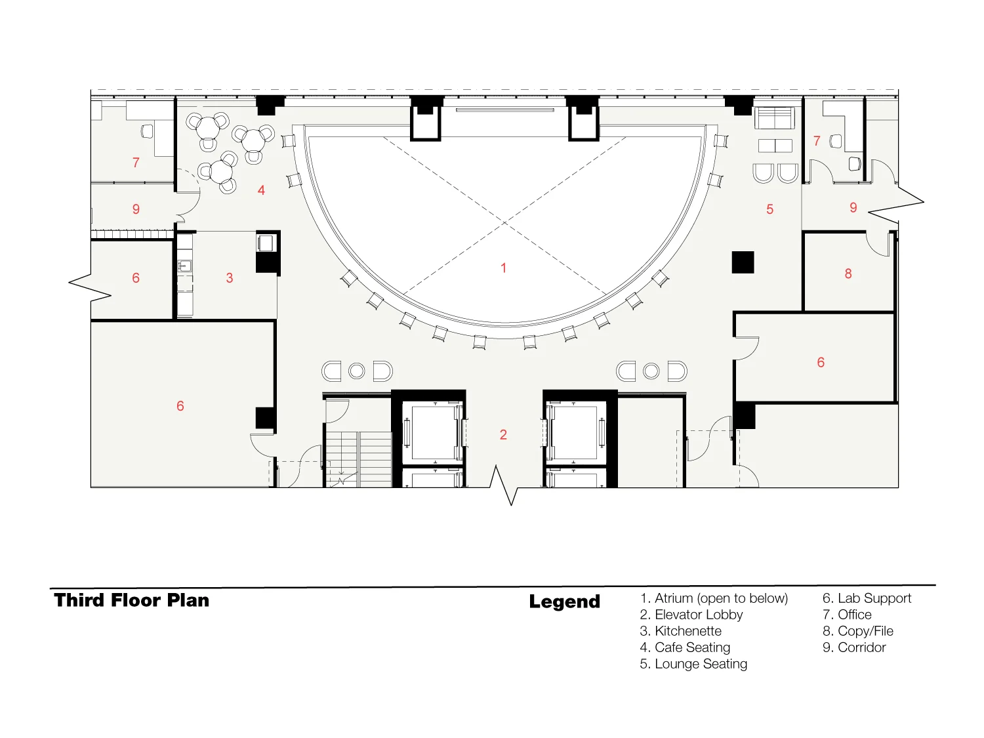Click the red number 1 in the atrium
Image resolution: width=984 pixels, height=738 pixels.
pyautogui.click(x=503, y=268)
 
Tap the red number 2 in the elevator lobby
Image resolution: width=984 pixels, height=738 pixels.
pyautogui.click(x=503, y=434)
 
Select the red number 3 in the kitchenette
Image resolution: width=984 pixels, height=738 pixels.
pyautogui.click(x=229, y=277)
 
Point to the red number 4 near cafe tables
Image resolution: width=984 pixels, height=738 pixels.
pyautogui.click(x=261, y=190)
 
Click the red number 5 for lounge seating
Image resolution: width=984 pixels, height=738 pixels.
pyautogui.click(x=769, y=209)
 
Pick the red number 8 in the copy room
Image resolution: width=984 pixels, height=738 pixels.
pyautogui.click(x=848, y=274)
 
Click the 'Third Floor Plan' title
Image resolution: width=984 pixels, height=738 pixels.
pyautogui.click(x=131, y=600)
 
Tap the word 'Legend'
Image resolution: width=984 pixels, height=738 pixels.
pyautogui.click(x=564, y=602)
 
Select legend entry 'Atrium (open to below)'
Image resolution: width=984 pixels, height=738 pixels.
pyautogui.click(x=714, y=598)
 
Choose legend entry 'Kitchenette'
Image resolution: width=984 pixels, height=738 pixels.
pyautogui.click(x=680, y=631)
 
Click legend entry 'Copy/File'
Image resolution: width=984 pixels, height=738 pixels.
pyautogui.click(x=857, y=631)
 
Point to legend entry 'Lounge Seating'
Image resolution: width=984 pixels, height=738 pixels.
pyautogui.click(x=693, y=664)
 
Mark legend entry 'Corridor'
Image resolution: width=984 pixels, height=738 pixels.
pyautogui.click(x=854, y=647)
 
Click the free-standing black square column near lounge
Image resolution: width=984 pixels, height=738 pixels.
pyautogui.click(x=743, y=262)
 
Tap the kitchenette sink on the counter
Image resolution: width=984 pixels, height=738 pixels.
pyautogui.click(x=184, y=266)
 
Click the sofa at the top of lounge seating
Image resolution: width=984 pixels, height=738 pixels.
pyautogui.click(x=774, y=117)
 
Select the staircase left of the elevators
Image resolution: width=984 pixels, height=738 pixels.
pyautogui.click(x=358, y=459)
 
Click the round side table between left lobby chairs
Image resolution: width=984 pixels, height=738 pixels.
pyautogui.click(x=356, y=371)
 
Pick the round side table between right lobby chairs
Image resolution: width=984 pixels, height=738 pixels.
pyautogui.click(x=651, y=371)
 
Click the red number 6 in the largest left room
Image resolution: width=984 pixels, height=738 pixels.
pyautogui.click(x=180, y=406)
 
